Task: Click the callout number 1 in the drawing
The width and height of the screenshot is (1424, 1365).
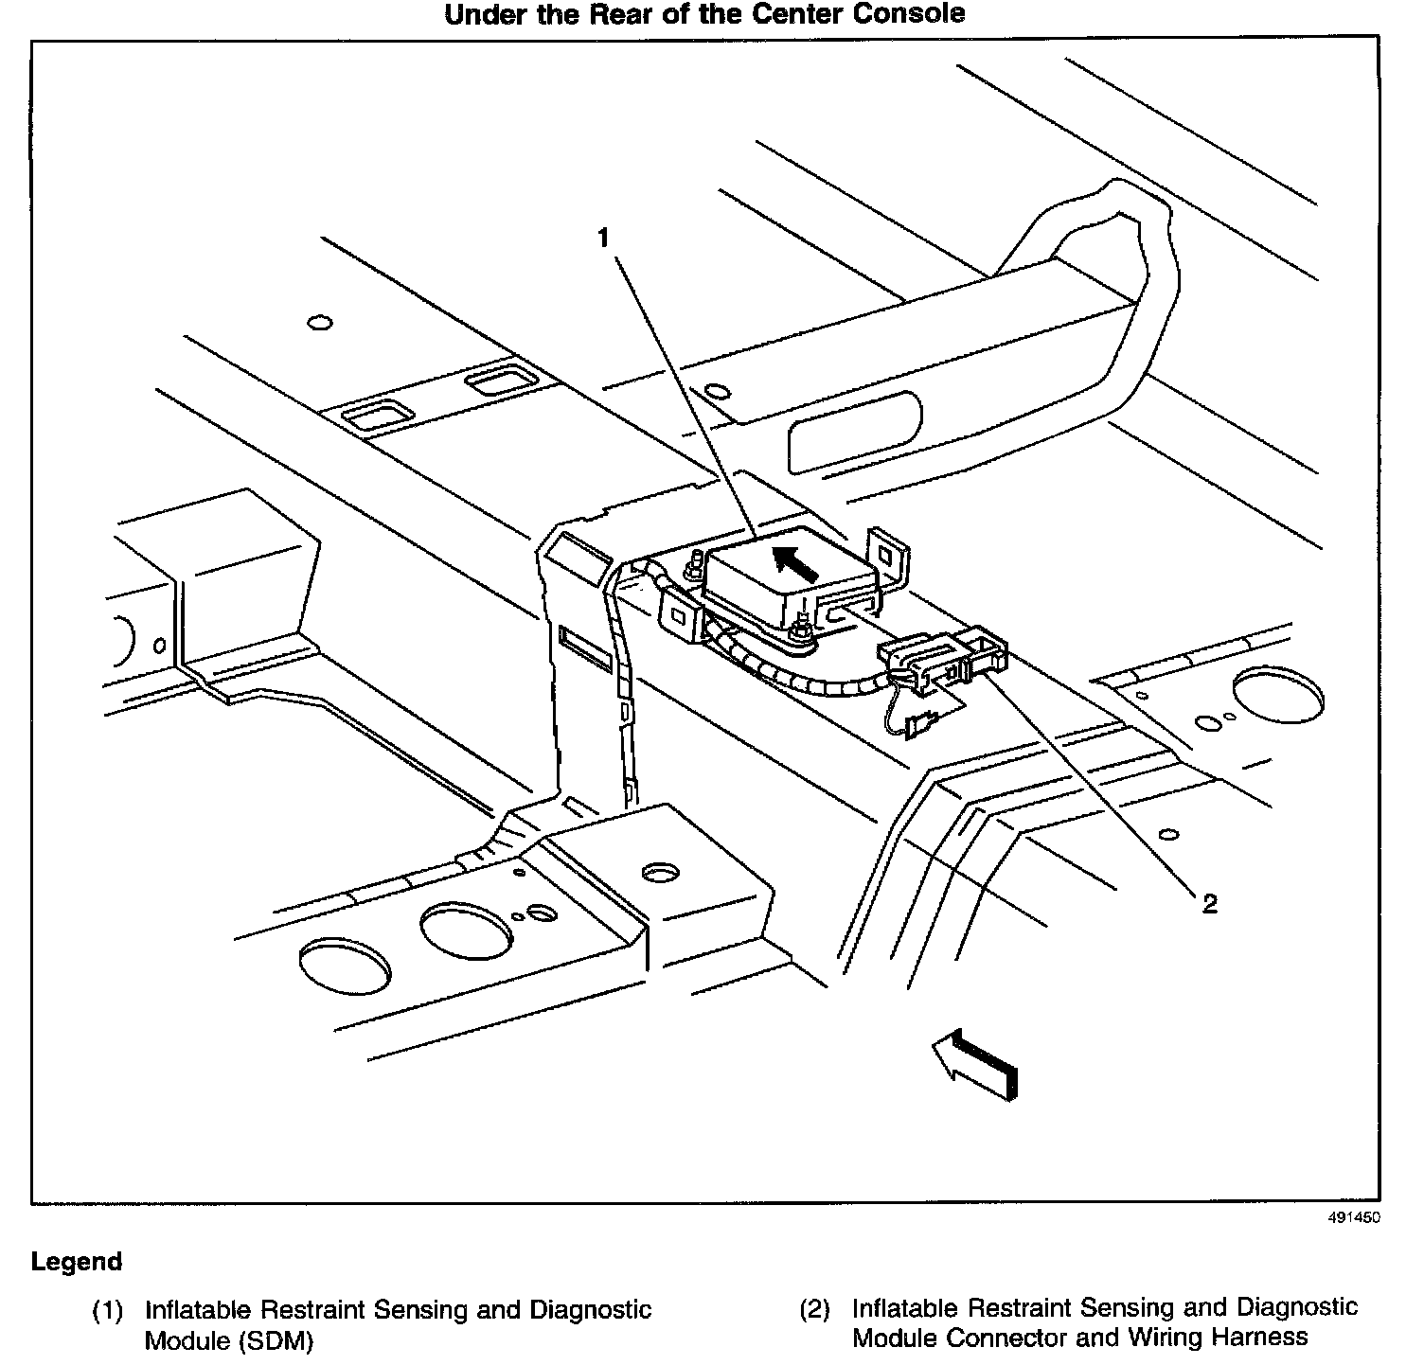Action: coord(604,239)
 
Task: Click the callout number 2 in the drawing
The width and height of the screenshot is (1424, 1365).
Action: coord(1209,904)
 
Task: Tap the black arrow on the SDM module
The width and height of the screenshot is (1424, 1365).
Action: coord(795,563)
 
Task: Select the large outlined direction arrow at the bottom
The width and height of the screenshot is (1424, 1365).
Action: coord(975,1064)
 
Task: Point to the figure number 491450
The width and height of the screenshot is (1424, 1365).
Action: coord(1354,1217)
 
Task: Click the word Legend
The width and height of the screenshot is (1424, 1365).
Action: coord(77,1262)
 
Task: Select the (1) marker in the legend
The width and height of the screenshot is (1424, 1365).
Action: coord(107,1311)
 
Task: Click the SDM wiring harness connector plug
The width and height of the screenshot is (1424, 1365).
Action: coord(942,655)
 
